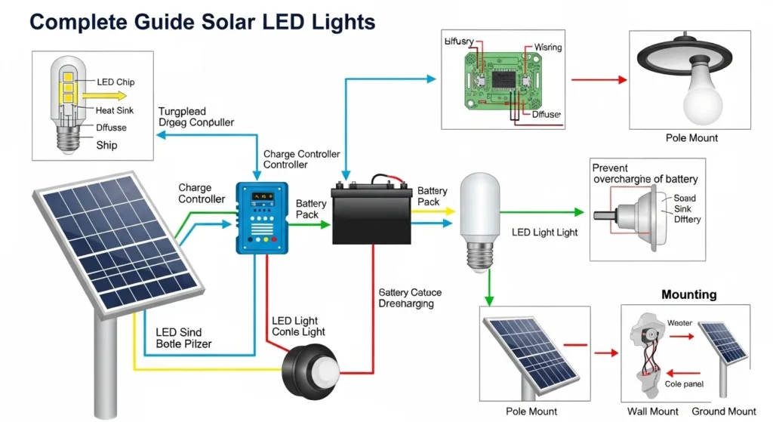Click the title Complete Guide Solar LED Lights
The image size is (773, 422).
[202, 22]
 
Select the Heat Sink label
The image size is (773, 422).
[115, 111]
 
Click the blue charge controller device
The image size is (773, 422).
[263, 217]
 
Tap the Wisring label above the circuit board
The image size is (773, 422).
[547, 48]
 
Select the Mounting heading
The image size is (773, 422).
[688, 294]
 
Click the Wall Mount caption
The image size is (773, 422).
[653, 411]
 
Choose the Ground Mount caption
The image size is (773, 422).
[724, 411]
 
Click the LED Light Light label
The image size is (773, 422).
[544, 233]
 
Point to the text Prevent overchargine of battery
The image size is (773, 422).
[645, 174]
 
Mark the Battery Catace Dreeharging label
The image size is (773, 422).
[410, 297]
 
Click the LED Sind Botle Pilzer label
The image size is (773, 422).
[183, 337]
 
